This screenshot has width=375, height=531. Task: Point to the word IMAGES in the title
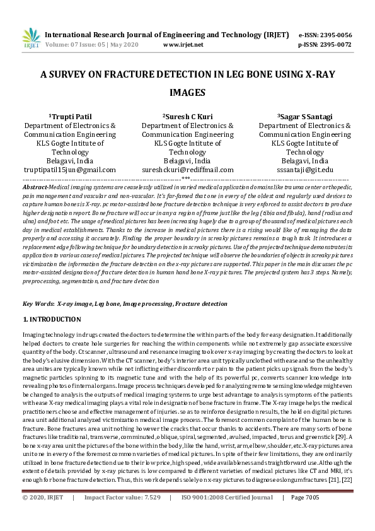188,93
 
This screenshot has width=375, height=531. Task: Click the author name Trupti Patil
71,117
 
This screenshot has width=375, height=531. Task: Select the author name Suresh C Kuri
189,117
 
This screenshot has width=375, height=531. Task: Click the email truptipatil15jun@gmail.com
69,170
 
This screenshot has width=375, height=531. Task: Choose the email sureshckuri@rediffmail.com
188,170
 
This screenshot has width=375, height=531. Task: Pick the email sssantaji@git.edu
305,170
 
